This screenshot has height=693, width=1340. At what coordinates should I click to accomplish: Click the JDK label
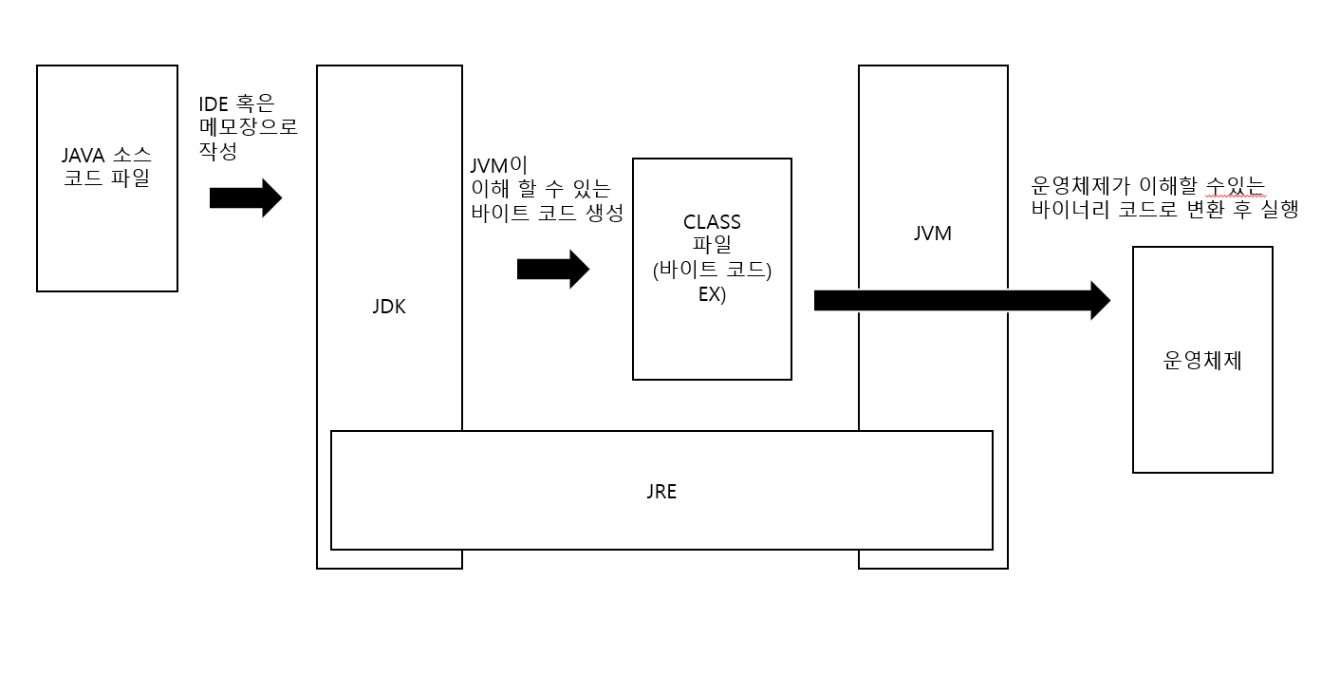(x=389, y=307)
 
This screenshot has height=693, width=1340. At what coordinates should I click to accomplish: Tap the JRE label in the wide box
(x=661, y=492)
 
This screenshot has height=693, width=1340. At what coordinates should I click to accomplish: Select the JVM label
(x=932, y=233)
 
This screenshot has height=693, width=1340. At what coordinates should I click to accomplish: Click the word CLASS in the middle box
(x=712, y=222)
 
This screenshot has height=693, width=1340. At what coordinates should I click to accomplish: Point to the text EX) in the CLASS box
(x=712, y=293)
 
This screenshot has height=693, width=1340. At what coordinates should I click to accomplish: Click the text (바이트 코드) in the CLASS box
(x=712, y=270)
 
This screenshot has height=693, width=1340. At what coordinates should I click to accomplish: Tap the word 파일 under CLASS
(x=712, y=246)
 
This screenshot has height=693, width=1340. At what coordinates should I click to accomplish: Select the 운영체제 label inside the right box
(x=1202, y=361)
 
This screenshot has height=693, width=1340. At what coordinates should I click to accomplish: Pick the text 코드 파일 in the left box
(x=106, y=178)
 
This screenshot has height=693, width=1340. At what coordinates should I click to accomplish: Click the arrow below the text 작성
(x=246, y=197)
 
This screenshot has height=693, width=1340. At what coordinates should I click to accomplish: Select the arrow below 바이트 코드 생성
(x=553, y=270)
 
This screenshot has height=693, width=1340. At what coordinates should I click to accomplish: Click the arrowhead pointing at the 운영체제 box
(x=1099, y=300)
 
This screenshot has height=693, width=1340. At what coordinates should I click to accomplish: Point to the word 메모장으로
(x=249, y=127)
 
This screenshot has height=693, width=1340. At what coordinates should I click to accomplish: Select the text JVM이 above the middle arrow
(x=499, y=165)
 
